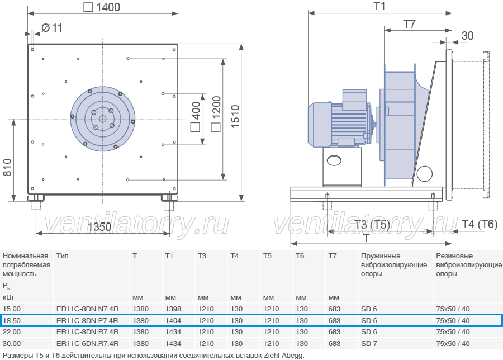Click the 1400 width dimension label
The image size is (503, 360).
(102, 7)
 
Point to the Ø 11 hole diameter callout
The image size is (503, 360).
(51, 29)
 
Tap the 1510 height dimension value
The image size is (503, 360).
(235, 116)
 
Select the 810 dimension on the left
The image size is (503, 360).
(7, 167)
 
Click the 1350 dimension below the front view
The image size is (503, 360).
(99, 227)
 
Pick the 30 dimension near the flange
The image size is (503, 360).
(467, 36)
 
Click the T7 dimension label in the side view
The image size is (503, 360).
(409, 24)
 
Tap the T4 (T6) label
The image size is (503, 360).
(480, 224)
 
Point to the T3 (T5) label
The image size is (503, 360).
(372, 224)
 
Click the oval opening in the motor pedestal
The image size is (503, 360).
(334, 160)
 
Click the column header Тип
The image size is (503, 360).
(62, 255)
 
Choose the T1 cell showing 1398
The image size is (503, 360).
(173, 309)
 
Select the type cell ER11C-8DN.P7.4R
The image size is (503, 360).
(87, 320)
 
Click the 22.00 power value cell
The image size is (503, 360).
(12, 332)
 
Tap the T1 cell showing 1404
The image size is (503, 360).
(173, 320)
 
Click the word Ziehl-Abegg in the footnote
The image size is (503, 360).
(283, 356)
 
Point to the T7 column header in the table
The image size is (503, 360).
(333, 255)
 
